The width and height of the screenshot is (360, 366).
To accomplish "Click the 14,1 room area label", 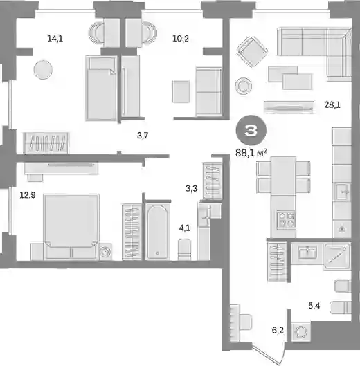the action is tap(55, 39).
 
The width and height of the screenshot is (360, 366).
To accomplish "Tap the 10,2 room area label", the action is tap(181, 39).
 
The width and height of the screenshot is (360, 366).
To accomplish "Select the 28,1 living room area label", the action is tap(332, 105).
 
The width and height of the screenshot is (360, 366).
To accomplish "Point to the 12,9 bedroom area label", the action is tap(28, 195).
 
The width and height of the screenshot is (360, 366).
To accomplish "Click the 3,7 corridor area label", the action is tap(143, 136).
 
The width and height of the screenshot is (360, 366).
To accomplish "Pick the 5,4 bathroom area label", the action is tap(314, 306).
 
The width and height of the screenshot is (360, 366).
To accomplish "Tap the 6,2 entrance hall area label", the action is tap(278, 330).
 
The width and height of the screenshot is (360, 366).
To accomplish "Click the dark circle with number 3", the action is tap(251, 130).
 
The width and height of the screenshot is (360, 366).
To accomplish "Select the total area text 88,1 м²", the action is tap(251, 153).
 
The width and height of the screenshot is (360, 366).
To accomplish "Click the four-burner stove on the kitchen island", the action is tap(286, 219).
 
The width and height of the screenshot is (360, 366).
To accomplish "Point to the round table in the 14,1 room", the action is tap(43, 70).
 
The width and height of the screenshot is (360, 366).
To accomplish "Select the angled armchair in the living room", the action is tap(252, 52).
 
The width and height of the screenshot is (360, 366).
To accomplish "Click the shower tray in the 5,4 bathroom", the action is tap(337, 256).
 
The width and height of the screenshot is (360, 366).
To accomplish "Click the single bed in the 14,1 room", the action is tap(101, 88).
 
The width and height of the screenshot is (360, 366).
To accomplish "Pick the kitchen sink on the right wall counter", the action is tap(343, 192).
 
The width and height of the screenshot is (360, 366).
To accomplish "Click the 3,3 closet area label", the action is tap(192, 188).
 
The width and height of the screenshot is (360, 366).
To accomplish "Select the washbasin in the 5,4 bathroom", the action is tap(308, 253).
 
